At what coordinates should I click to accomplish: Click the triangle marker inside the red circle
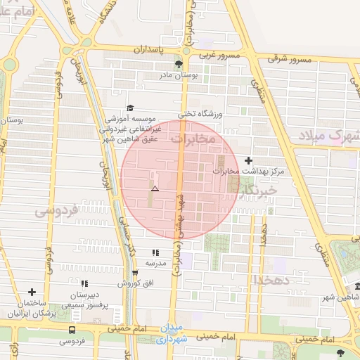(x=155, y=189)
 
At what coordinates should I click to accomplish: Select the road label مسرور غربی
(x=219, y=54)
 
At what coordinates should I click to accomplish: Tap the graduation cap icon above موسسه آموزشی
(x=129, y=109)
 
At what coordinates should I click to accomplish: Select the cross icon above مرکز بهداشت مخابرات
(x=247, y=160)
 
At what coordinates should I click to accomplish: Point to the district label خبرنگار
(x=258, y=190)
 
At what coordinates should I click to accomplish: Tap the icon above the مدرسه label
(x=155, y=252)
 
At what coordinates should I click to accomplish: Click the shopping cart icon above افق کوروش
(x=135, y=273)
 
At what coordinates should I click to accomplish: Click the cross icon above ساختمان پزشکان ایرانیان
(x=31, y=292)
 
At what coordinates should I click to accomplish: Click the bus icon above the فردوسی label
(x=72, y=330)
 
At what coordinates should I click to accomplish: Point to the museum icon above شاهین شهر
(x=358, y=288)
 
